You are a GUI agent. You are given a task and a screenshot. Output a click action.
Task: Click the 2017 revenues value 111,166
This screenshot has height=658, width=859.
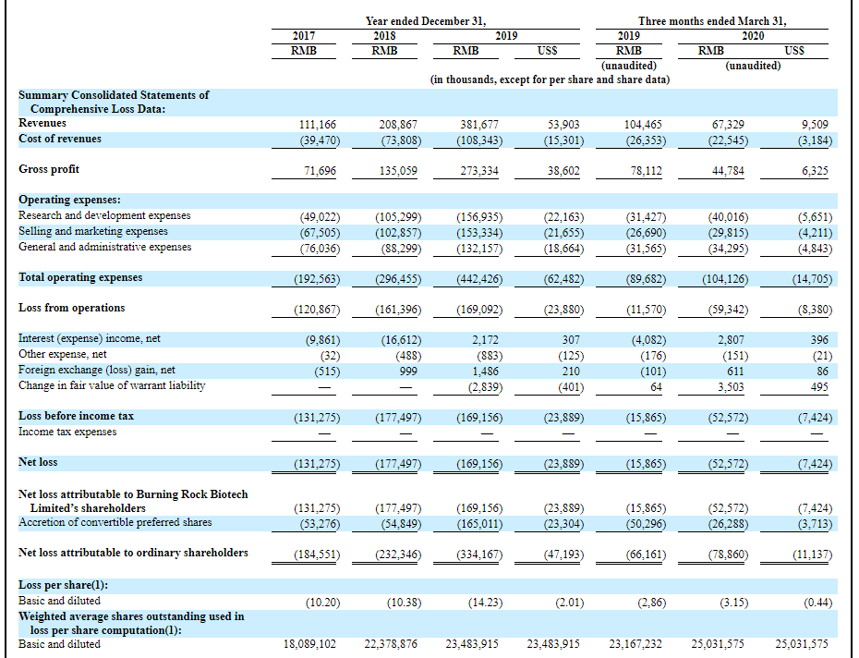317,125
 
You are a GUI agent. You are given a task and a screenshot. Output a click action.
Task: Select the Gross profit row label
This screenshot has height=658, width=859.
49,169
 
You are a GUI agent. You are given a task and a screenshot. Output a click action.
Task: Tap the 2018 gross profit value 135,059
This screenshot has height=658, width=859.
398,171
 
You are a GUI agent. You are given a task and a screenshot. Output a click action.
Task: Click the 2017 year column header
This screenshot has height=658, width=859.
304,36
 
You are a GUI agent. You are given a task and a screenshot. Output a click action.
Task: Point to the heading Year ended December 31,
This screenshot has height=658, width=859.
426,21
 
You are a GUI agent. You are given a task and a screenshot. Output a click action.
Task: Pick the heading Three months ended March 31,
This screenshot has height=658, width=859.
712,21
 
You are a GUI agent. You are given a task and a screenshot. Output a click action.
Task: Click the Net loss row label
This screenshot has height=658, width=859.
38,462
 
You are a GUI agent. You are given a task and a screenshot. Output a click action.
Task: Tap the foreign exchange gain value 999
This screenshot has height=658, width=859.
408,372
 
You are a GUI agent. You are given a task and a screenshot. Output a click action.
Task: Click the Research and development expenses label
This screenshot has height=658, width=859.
104,215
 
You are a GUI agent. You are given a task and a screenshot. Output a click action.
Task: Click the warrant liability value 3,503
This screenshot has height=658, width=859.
731,387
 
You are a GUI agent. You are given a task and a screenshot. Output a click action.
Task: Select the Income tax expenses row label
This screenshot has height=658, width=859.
67,432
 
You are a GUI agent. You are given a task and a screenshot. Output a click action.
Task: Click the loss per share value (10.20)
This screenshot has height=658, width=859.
322,603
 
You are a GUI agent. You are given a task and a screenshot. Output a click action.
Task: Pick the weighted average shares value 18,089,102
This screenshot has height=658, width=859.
309,644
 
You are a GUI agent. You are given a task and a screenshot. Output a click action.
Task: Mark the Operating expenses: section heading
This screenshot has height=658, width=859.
69,200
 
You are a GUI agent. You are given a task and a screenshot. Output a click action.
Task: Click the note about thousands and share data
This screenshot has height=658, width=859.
550,79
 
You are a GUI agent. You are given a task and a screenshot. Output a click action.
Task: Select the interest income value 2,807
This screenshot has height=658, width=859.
731,340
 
